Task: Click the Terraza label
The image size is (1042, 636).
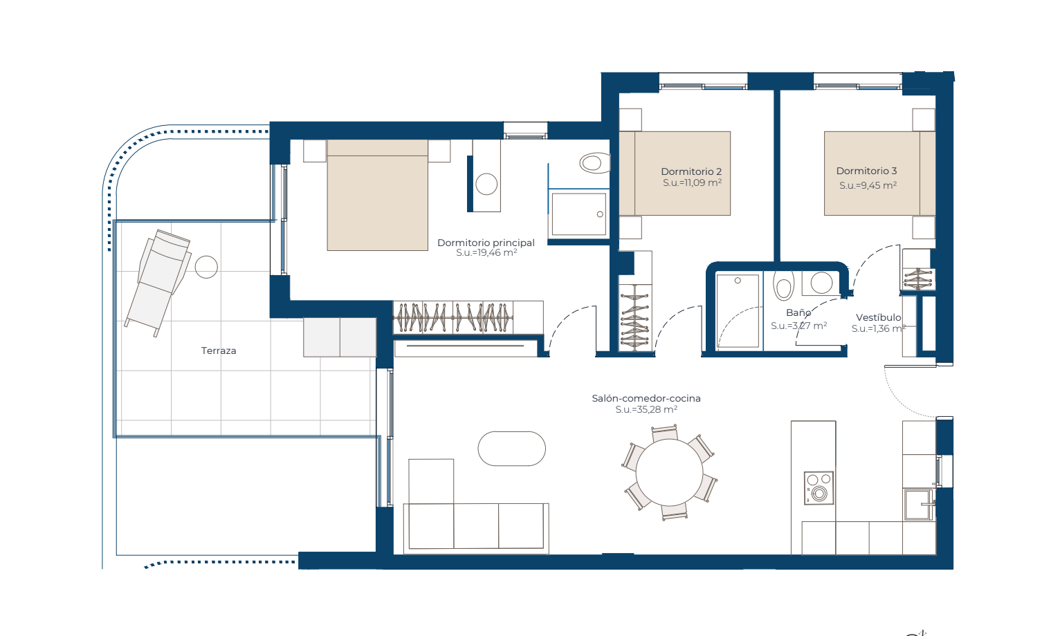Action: [x=219, y=350]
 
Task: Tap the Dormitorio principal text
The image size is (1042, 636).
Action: [x=486, y=243]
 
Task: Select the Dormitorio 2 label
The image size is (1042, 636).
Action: [x=691, y=171]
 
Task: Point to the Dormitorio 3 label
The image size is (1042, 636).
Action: [x=867, y=171]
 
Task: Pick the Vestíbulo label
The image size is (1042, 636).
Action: [x=878, y=317]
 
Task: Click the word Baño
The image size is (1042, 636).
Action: [x=798, y=312]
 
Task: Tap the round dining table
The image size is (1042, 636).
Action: [x=669, y=472]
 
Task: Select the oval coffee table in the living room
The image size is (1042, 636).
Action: [x=512, y=449]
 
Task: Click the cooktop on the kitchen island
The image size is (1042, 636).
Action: [x=819, y=488]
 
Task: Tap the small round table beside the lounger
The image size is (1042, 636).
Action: [x=206, y=267]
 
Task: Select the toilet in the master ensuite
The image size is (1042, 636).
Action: [x=594, y=162]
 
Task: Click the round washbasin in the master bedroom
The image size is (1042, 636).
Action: [x=486, y=184]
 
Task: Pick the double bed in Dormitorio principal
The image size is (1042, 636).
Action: [x=377, y=195]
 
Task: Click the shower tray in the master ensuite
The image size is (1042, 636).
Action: [x=578, y=214]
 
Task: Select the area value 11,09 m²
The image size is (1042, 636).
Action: [x=692, y=183]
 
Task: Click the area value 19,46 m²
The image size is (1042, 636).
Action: [x=486, y=253]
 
